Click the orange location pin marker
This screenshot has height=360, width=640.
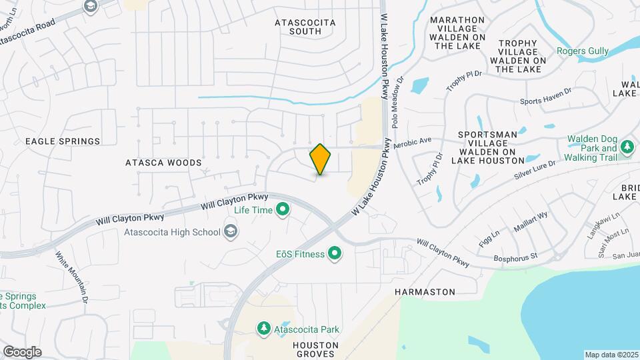point(320,159)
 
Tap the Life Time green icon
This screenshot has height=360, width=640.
point(283,211)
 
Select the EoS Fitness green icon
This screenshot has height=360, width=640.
point(335,254)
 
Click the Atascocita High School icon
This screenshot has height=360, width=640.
point(231,232)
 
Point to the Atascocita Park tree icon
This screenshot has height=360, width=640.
point(264,329)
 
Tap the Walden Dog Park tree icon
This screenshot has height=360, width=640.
point(627,147)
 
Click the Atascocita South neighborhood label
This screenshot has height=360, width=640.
point(305,27)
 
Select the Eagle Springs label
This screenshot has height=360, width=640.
point(63,141)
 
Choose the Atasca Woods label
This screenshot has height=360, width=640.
point(163,163)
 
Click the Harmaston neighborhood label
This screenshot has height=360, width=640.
point(425,292)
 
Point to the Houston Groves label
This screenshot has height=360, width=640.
point(315,349)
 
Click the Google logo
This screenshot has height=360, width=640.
point(22,352)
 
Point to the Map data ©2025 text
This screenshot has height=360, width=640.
point(611,355)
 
